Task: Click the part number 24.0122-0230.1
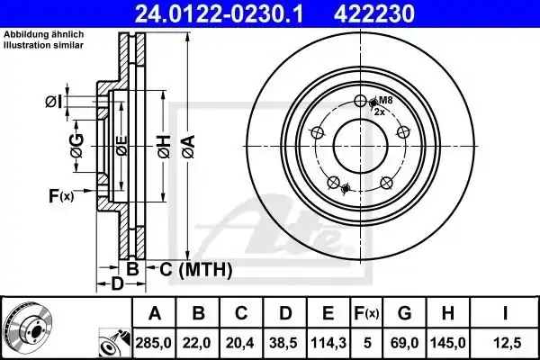pos(219,14)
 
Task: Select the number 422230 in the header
pos(374,14)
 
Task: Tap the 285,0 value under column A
pos(154,343)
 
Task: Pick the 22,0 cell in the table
pos(198,343)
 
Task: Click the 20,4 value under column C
pos(241,343)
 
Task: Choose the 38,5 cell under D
pos(284,343)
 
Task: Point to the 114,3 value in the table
pos(328,343)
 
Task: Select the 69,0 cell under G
pos(405,343)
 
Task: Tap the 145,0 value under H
pos(448,343)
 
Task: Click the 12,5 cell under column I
pos(505,343)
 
